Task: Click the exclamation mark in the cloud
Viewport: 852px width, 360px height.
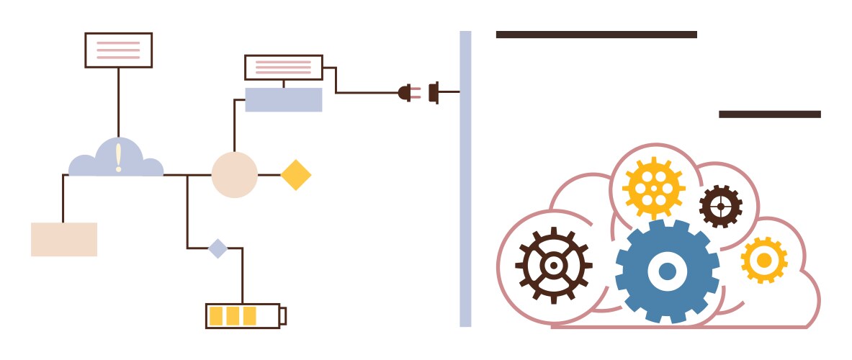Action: pos(118,158)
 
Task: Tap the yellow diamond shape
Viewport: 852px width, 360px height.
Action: pos(295,175)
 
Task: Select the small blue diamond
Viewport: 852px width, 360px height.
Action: pos(218,248)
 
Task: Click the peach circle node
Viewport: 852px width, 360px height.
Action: pos(234,175)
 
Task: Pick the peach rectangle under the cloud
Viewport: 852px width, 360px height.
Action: pos(64,239)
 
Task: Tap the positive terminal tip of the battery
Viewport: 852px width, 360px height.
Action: pos(283,316)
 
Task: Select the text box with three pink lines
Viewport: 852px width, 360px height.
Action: pos(118,50)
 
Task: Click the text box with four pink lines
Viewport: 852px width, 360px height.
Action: pos(283,67)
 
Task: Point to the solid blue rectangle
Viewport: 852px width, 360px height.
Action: pos(283,99)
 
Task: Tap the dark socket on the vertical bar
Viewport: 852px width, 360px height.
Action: pos(434,92)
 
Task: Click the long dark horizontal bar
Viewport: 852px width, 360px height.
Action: pos(596,34)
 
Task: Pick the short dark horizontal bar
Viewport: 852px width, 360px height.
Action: pos(769,114)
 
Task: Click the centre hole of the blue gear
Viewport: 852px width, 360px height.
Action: pos(667,271)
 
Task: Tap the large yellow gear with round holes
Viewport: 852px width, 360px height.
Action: pos(654,188)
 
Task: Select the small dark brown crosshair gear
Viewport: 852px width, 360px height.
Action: pos(720,206)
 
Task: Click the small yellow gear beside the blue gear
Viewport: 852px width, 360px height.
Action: pos(763,259)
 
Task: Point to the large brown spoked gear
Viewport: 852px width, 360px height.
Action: pos(553,265)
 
